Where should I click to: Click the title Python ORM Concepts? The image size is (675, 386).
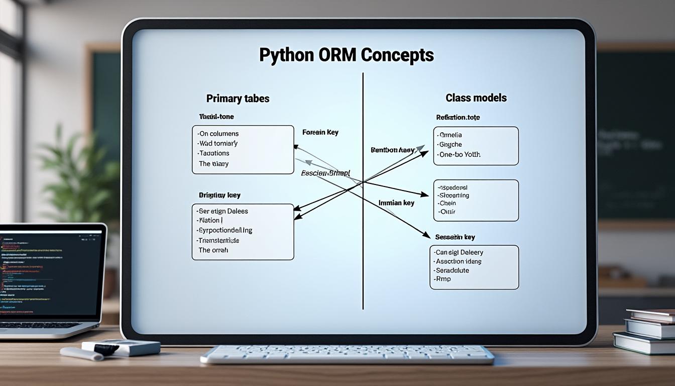point(346,55)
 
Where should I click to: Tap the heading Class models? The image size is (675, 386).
point(476,98)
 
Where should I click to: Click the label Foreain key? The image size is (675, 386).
point(320,132)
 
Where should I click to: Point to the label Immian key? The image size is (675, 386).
point(396,203)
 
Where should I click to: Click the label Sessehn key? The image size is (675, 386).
point(455,237)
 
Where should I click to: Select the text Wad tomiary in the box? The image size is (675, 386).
point(218,143)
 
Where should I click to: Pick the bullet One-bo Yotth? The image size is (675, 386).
point(459,155)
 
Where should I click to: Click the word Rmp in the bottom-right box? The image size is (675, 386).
point(444,279)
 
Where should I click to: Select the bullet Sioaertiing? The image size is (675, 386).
point(454,195)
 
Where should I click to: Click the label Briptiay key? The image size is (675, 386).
point(219,195)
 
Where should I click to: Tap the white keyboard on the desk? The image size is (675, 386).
point(347,353)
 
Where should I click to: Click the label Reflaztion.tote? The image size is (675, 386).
point(458,117)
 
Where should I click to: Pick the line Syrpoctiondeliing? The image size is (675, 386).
point(226,230)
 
